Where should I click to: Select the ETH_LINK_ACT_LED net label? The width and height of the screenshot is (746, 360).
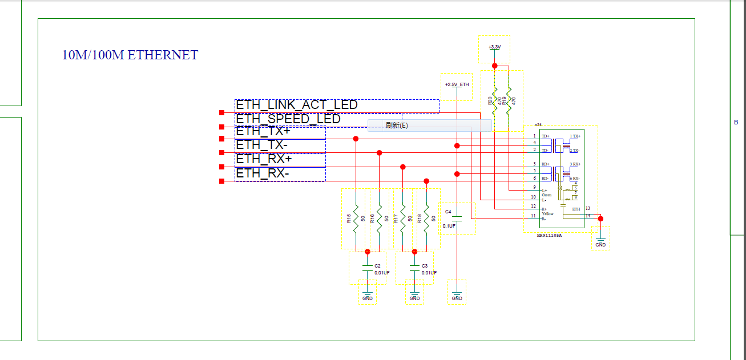297,105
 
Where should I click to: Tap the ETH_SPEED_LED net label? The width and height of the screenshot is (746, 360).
288,119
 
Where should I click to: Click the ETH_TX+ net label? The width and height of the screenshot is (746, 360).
263,131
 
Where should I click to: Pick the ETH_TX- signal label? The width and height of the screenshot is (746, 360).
262,145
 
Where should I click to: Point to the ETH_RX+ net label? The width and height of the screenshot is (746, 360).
264,159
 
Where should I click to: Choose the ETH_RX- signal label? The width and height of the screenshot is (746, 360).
263,173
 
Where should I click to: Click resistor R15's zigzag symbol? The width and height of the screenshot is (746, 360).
356,219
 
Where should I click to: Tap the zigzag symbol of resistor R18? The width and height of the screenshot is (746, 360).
426,219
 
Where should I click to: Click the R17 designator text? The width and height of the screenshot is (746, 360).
396,219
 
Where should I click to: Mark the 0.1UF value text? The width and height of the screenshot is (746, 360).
449,226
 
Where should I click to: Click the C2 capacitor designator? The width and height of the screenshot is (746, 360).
377,266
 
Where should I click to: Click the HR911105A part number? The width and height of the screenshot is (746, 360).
549,235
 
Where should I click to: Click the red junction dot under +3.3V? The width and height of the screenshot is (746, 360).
495,66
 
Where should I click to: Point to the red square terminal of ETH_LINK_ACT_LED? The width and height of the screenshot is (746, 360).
222,113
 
